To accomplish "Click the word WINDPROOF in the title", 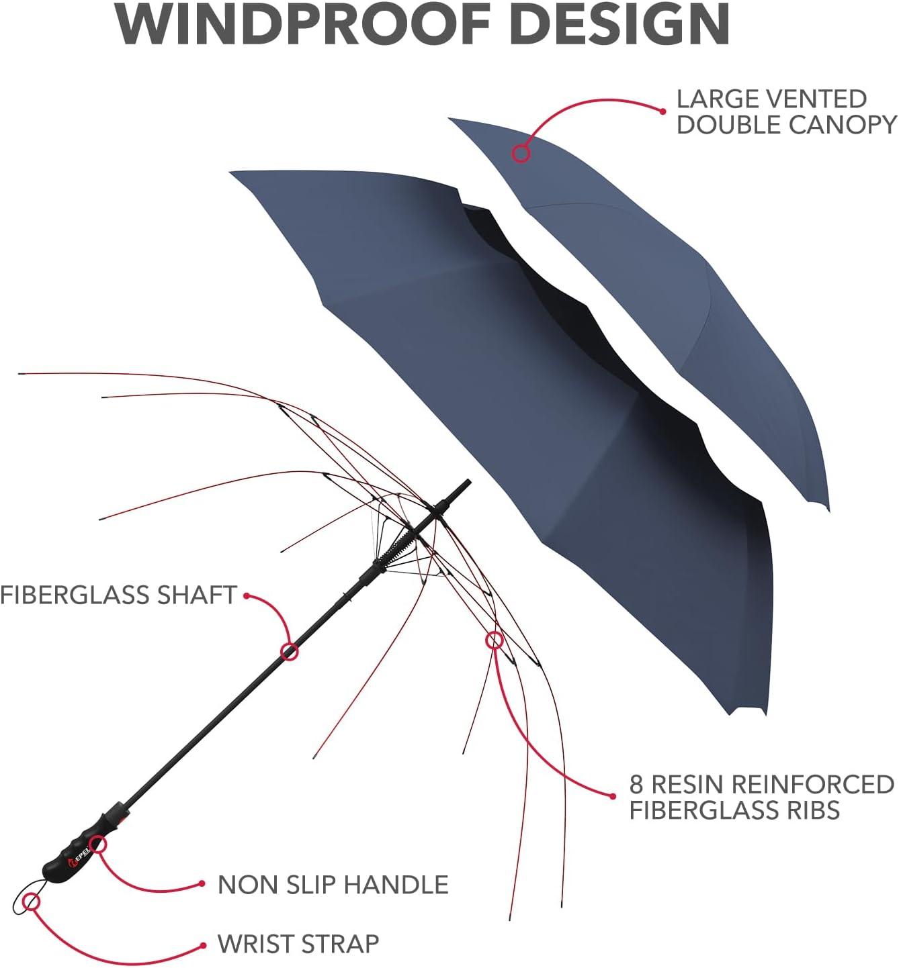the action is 303,24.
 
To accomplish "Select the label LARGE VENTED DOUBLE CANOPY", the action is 786,111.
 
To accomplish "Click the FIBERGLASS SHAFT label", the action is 119,595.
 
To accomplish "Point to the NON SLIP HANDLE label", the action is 333,885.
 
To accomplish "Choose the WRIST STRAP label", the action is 298,944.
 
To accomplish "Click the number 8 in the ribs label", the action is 636,784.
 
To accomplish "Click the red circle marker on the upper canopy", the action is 521,154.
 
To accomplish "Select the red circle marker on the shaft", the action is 290,652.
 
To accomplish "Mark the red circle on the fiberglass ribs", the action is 495,640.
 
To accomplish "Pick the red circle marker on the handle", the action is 97,844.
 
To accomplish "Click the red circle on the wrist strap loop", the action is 31,902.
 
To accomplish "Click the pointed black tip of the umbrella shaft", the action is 468,481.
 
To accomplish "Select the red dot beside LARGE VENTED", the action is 662,111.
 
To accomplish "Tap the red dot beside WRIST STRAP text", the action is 202,946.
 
